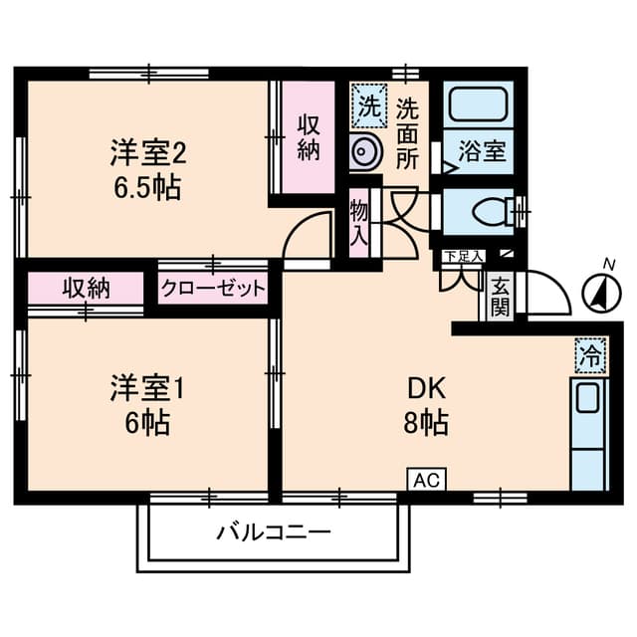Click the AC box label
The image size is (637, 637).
427,480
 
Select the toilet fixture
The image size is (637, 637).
493,212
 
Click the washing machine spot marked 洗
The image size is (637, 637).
369,106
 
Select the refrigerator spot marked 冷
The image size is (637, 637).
590,356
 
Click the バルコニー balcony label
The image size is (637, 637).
274,532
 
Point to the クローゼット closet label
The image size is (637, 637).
212,289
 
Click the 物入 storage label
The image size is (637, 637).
359,222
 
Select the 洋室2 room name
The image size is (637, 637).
148,154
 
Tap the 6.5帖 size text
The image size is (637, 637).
147,188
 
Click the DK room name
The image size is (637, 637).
427,388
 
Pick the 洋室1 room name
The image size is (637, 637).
147,388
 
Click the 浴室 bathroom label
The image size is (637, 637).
482,151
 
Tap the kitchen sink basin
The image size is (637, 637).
587,398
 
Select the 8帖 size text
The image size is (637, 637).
426,423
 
